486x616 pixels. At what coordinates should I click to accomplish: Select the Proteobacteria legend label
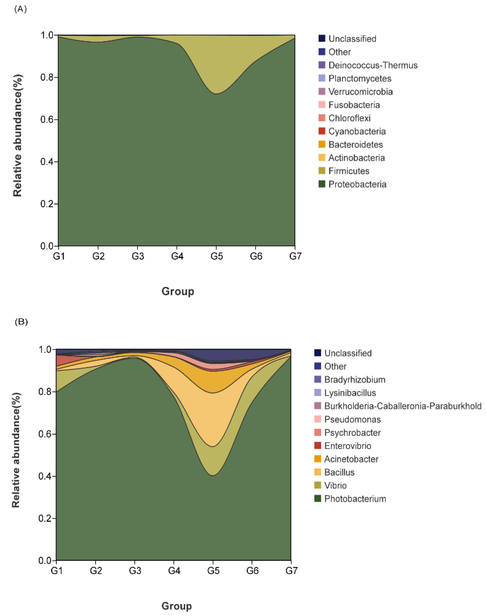click(357, 184)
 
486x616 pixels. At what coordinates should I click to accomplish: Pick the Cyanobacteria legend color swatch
click(322, 131)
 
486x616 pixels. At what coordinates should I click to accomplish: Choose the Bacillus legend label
click(340, 472)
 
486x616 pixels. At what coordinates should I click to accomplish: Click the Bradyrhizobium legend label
click(355, 379)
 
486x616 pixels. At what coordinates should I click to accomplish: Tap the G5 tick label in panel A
click(217, 256)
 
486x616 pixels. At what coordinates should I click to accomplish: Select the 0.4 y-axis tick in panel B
click(45, 476)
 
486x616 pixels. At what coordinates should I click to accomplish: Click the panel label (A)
click(20, 9)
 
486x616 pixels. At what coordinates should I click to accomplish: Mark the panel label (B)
click(21, 322)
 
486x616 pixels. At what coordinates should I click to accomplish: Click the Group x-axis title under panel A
click(178, 291)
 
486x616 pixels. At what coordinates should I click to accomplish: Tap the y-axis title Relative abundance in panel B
click(16, 450)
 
